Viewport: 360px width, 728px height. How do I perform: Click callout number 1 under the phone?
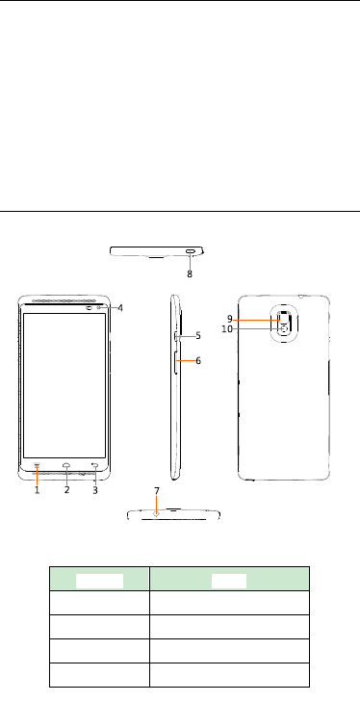(x=38, y=490)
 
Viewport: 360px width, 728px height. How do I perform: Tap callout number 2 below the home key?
(x=66, y=490)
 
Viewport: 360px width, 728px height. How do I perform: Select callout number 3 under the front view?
(x=95, y=490)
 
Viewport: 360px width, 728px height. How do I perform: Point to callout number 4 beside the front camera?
(x=120, y=308)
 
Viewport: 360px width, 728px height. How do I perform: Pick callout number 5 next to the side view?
(x=198, y=336)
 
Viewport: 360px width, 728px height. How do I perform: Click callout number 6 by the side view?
(x=198, y=360)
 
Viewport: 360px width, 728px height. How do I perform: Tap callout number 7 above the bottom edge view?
(x=157, y=491)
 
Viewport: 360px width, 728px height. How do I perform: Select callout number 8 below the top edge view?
(x=190, y=274)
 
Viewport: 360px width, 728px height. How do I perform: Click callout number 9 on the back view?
(x=230, y=319)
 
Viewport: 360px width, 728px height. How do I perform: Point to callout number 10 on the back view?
(x=227, y=329)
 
